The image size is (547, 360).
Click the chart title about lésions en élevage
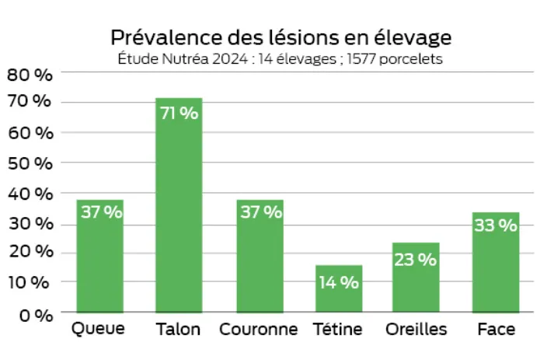pos(280,37)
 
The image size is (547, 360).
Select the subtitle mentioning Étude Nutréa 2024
pos(280,59)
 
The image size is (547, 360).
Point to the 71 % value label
pos(179,113)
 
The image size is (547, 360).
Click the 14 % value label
pos(339,282)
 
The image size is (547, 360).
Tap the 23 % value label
pos(416,260)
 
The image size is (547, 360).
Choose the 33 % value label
pos(496,225)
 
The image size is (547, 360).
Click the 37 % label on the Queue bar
pos(101,212)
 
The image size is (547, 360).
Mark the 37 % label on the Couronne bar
pos(260,212)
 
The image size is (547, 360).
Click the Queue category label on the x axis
pos(98,330)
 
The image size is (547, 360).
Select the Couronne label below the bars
pos(259,330)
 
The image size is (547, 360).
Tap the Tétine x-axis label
pos(339,330)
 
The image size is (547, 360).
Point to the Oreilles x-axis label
pos(416,330)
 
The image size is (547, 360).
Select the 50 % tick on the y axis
pos(30,163)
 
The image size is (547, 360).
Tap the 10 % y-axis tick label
pos(30,282)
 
